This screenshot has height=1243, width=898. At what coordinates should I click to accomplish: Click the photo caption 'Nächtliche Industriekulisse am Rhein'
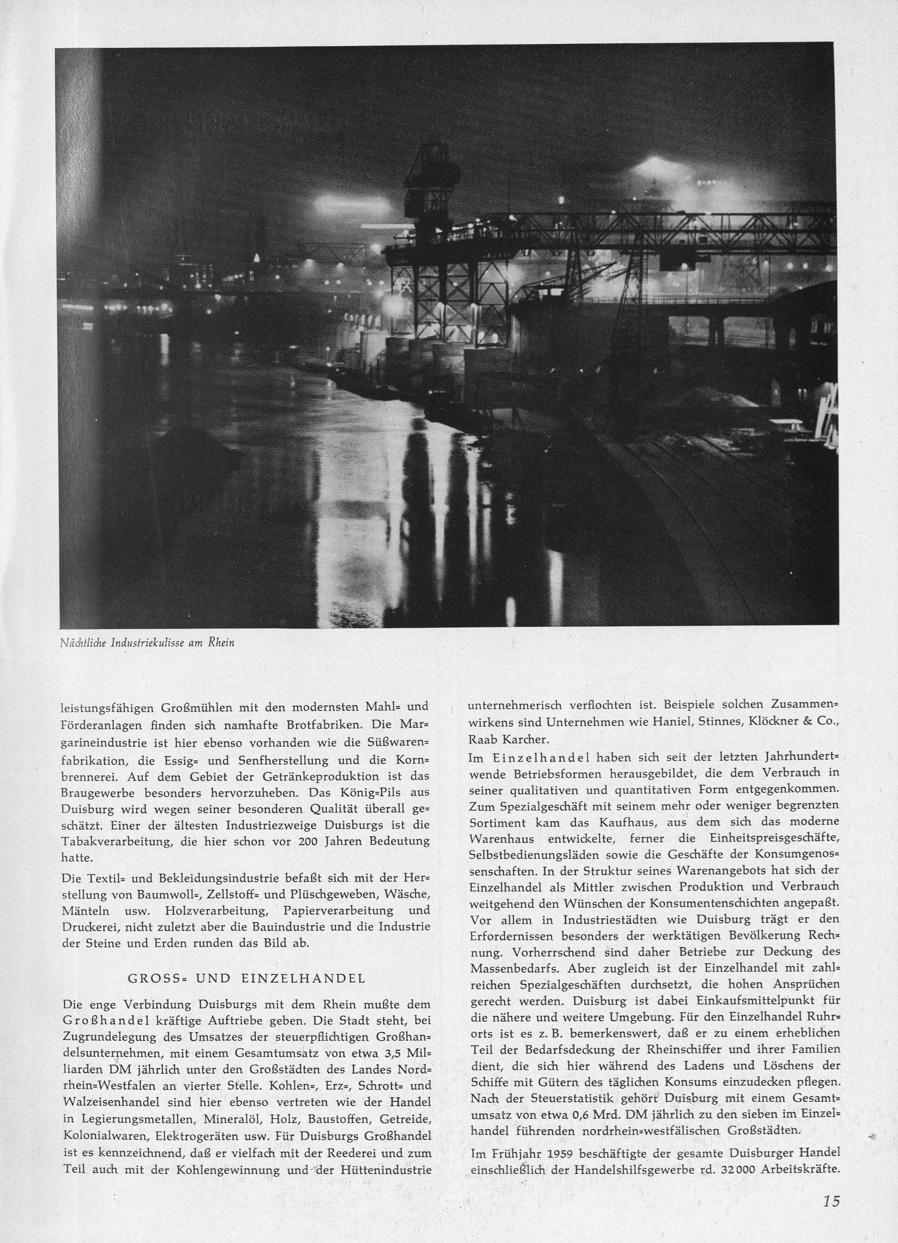coord(147,643)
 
